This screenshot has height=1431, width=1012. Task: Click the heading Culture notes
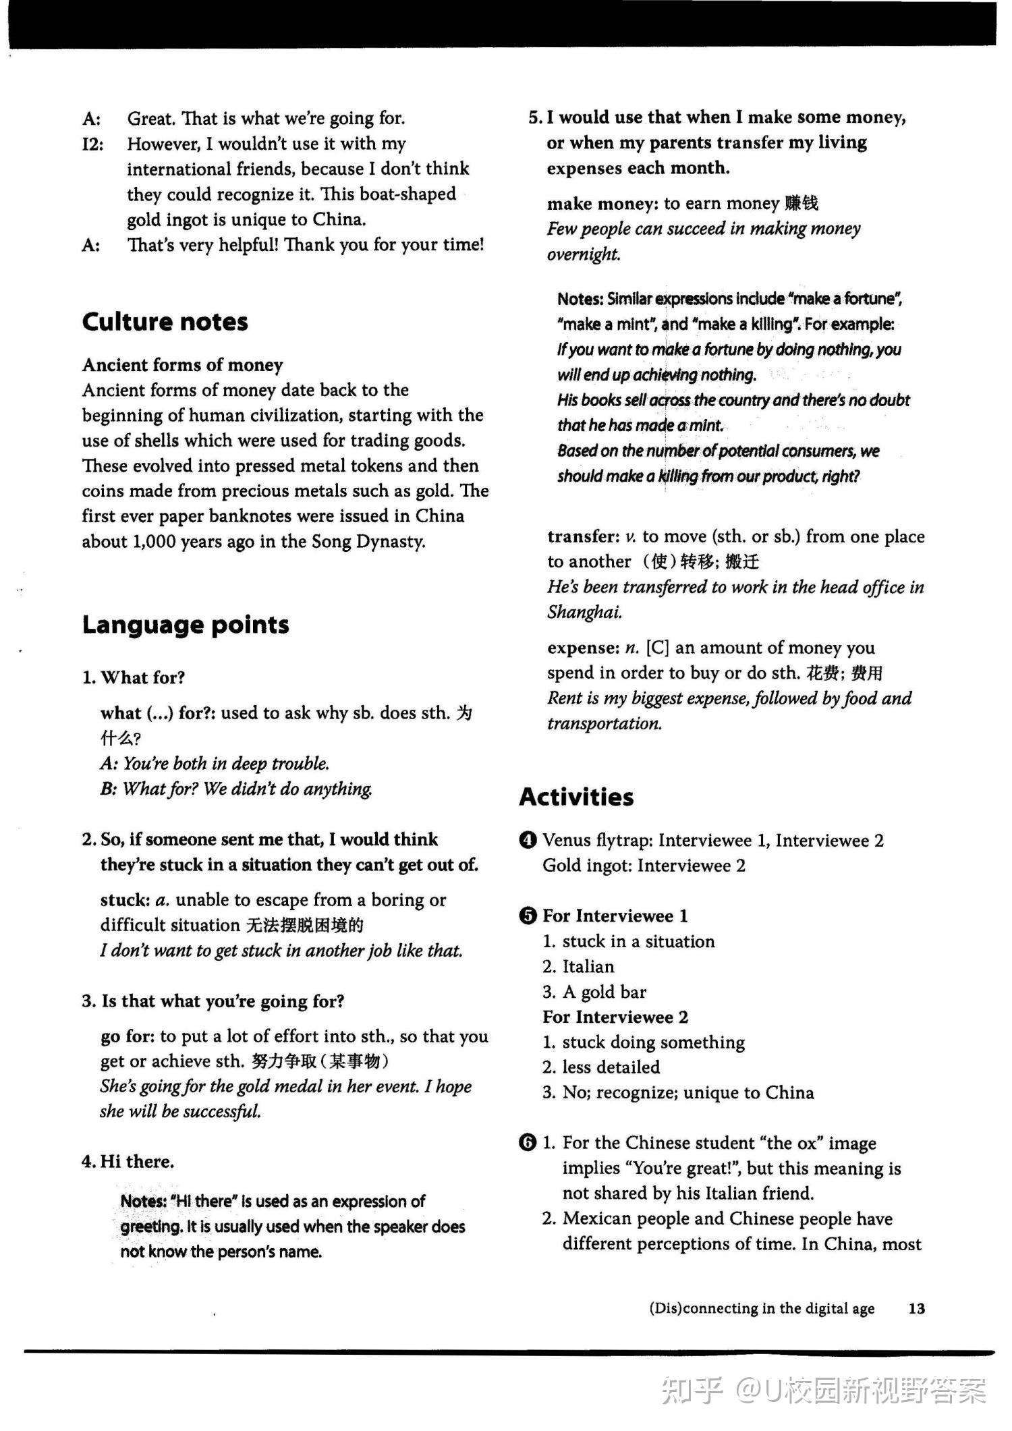(x=165, y=322)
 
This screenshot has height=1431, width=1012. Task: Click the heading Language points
(x=186, y=625)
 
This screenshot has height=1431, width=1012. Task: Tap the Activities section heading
(x=576, y=797)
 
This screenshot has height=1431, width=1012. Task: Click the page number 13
(x=916, y=1308)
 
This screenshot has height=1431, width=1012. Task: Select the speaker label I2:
(x=92, y=144)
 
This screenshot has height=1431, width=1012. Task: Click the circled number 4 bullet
(x=528, y=841)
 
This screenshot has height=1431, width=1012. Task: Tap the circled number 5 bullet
(x=528, y=916)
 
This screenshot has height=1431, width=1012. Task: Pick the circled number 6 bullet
(x=528, y=1143)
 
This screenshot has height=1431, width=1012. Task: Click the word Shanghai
(x=584, y=612)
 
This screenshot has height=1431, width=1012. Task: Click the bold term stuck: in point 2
(x=125, y=900)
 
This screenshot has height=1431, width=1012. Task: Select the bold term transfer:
(x=584, y=536)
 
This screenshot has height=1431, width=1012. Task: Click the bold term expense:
(x=583, y=648)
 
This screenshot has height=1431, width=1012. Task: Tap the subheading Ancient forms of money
(x=182, y=365)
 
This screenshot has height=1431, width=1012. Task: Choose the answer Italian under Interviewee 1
(x=588, y=967)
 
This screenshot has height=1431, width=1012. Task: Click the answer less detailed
(x=611, y=1067)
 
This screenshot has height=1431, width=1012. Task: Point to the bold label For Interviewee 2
(x=615, y=1017)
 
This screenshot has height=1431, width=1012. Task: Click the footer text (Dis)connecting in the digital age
(x=762, y=1308)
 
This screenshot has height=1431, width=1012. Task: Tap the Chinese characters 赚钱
(x=802, y=203)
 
